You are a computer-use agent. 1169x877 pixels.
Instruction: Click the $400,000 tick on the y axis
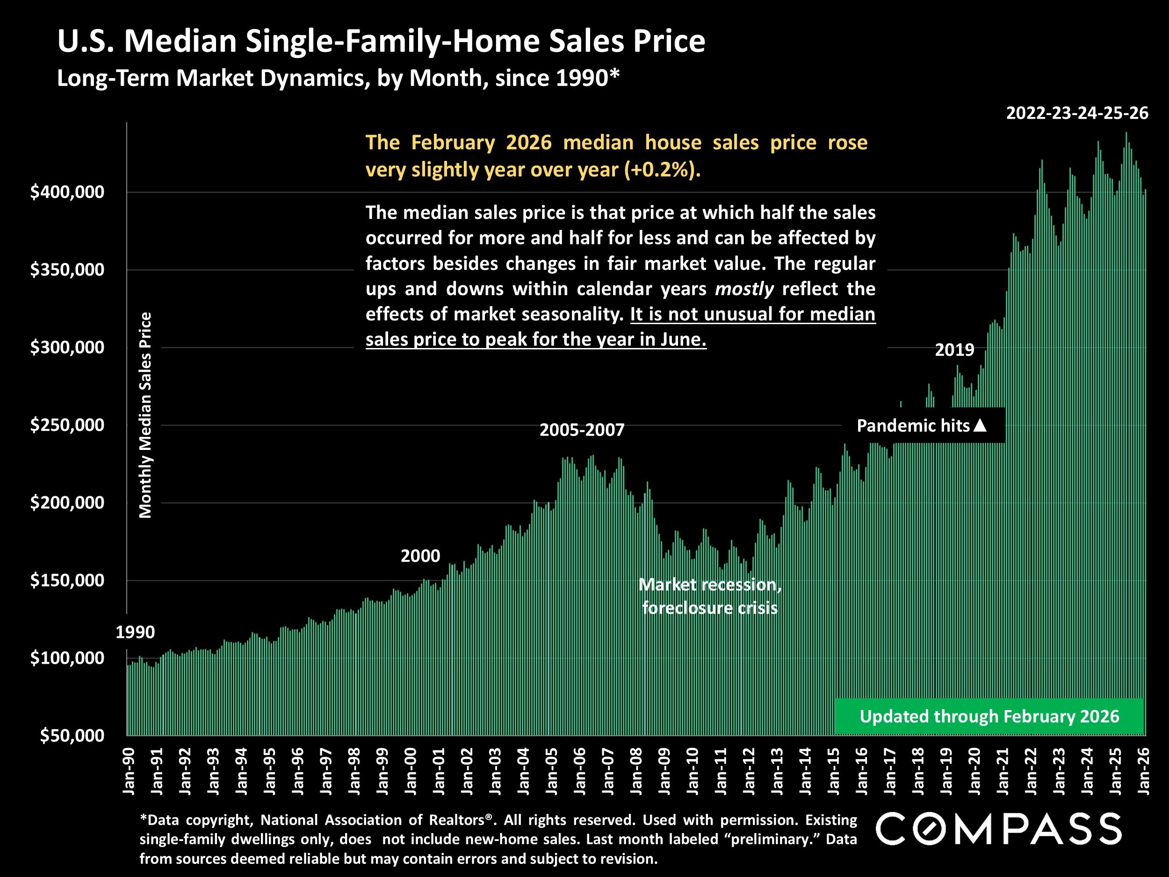pos(67,192)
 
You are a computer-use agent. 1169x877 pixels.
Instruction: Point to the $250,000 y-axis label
pos(67,425)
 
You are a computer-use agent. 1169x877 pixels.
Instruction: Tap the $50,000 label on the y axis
pos(72,735)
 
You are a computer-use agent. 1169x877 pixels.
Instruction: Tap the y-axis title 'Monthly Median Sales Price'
pos(145,415)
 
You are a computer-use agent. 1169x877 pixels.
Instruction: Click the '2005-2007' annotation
pos(582,430)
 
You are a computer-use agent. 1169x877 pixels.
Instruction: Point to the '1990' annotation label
pos(135,632)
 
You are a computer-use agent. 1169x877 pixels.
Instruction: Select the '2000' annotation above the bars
pos(420,556)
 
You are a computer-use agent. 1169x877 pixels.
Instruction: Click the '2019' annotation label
pos(954,349)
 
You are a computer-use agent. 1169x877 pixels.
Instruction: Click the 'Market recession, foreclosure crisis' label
pos(710,596)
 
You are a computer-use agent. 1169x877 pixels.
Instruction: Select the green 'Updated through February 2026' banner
pos(989,716)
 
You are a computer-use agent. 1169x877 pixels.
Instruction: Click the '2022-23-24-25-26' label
pos(1077,113)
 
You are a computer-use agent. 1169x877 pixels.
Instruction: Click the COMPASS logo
pos(999,828)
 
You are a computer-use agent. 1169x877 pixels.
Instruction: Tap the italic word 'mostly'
pos(744,289)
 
